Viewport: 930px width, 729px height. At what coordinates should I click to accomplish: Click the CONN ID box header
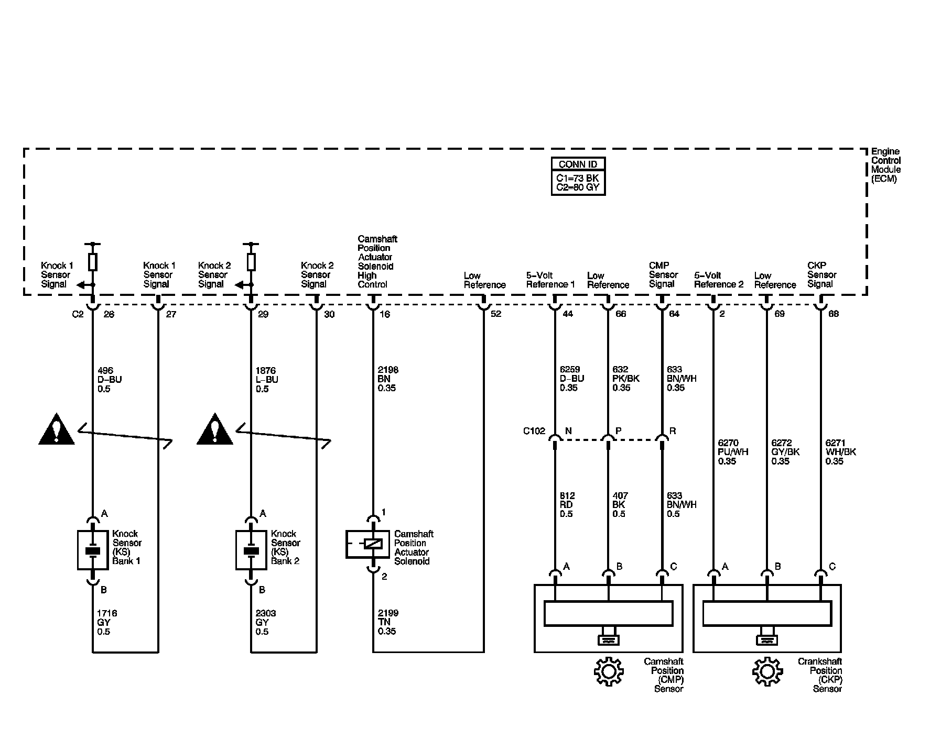point(578,164)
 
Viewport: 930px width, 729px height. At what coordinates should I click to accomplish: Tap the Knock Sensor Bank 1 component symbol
point(93,550)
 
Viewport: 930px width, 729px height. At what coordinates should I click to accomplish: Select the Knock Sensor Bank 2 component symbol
point(251,550)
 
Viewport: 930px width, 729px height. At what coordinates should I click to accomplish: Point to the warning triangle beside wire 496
point(57,430)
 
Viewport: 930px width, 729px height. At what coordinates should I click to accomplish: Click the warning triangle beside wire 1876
point(215,430)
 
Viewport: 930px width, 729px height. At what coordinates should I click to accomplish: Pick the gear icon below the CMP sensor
point(608,671)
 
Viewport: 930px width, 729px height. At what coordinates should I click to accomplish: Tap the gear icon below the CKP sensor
point(767,671)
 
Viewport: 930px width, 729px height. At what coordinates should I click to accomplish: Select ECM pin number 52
point(496,314)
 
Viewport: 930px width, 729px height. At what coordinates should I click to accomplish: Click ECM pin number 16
point(385,314)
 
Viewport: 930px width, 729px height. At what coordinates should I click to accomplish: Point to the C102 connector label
point(534,432)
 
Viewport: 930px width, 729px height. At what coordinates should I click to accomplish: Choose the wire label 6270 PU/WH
point(733,452)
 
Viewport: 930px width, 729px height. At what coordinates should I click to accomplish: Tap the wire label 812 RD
point(567,505)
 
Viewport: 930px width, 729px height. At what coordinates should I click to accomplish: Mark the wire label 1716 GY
point(106,622)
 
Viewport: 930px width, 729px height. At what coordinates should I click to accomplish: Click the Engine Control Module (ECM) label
point(886,165)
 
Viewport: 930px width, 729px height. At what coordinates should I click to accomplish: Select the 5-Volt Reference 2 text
point(719,280)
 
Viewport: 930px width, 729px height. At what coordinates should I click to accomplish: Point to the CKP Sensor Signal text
point(821,274)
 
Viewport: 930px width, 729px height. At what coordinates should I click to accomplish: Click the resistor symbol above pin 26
point(93,262)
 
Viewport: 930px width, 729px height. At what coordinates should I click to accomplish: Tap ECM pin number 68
point(834,314)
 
